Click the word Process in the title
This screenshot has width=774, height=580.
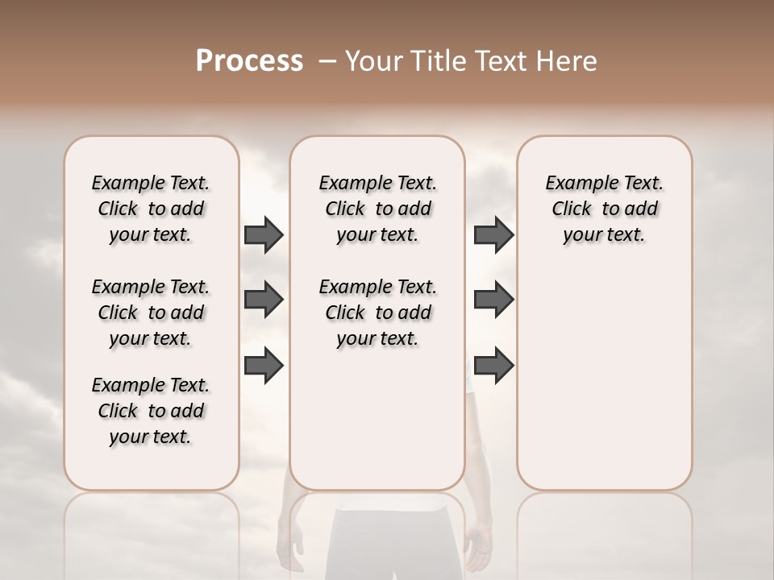(x=249, y=61)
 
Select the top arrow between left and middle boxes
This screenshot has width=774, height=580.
(x=264, y=235)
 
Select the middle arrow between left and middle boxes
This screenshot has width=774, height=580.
(x=264, y=300)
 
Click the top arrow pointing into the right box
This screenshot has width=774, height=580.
(x=493, y=235)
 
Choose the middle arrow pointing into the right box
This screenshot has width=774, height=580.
(x=493, y=300)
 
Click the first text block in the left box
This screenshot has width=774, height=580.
(x=151, y=209)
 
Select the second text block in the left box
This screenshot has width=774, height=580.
(x=151, y=313)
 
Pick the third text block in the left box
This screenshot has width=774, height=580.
(x=151, y=411)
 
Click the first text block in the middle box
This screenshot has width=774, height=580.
(x=377, y=209)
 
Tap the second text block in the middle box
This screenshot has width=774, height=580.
(x=377, y=313)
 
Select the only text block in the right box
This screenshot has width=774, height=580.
(x=604, y=209)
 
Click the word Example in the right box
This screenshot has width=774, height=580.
(x=576, y=184)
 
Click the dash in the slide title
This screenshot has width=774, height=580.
(x=327, y=62)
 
